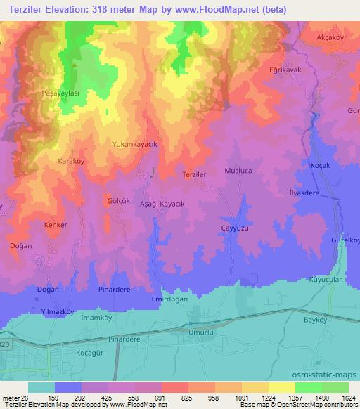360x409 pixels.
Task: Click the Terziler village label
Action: pos(194,174)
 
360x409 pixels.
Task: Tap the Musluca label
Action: pos(238,171)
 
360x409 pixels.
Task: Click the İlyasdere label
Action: pos(304,192)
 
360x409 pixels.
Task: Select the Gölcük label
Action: pos(119,200)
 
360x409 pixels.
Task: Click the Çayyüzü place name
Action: pos(236,228)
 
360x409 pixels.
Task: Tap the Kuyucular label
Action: pos(325,279)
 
